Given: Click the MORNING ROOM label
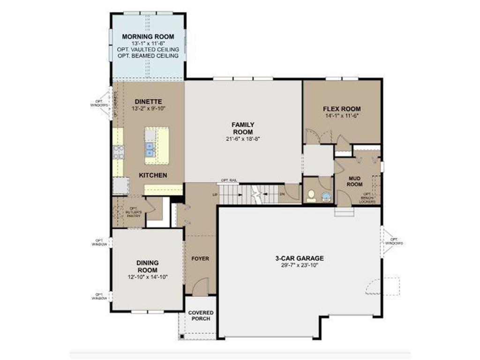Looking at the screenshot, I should [x=148, y=37].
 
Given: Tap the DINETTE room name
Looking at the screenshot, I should [x=148, y=101].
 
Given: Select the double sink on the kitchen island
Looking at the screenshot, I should [x=150, y=150].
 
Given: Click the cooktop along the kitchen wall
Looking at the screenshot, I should [x=118, y=151].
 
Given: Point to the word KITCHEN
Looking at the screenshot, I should [x=153, y=175].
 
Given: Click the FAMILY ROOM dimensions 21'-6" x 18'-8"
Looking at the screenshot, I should [x=243, y=139].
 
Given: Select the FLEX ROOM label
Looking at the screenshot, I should [x=342, y=109].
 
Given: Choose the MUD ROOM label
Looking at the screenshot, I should [x=354, y=181].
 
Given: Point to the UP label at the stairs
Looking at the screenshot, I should [x=215, y=194].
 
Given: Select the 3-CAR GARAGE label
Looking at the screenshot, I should [x=300, y=258].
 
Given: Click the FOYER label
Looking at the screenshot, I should [x=200, y=258].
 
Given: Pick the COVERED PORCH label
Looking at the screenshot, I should [x=201, y=315].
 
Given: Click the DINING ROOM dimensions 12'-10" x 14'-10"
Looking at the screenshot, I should [x=147, y=277].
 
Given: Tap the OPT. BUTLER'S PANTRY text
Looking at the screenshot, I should [x=133, y=212].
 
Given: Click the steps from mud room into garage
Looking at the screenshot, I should [x=344, y=212].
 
